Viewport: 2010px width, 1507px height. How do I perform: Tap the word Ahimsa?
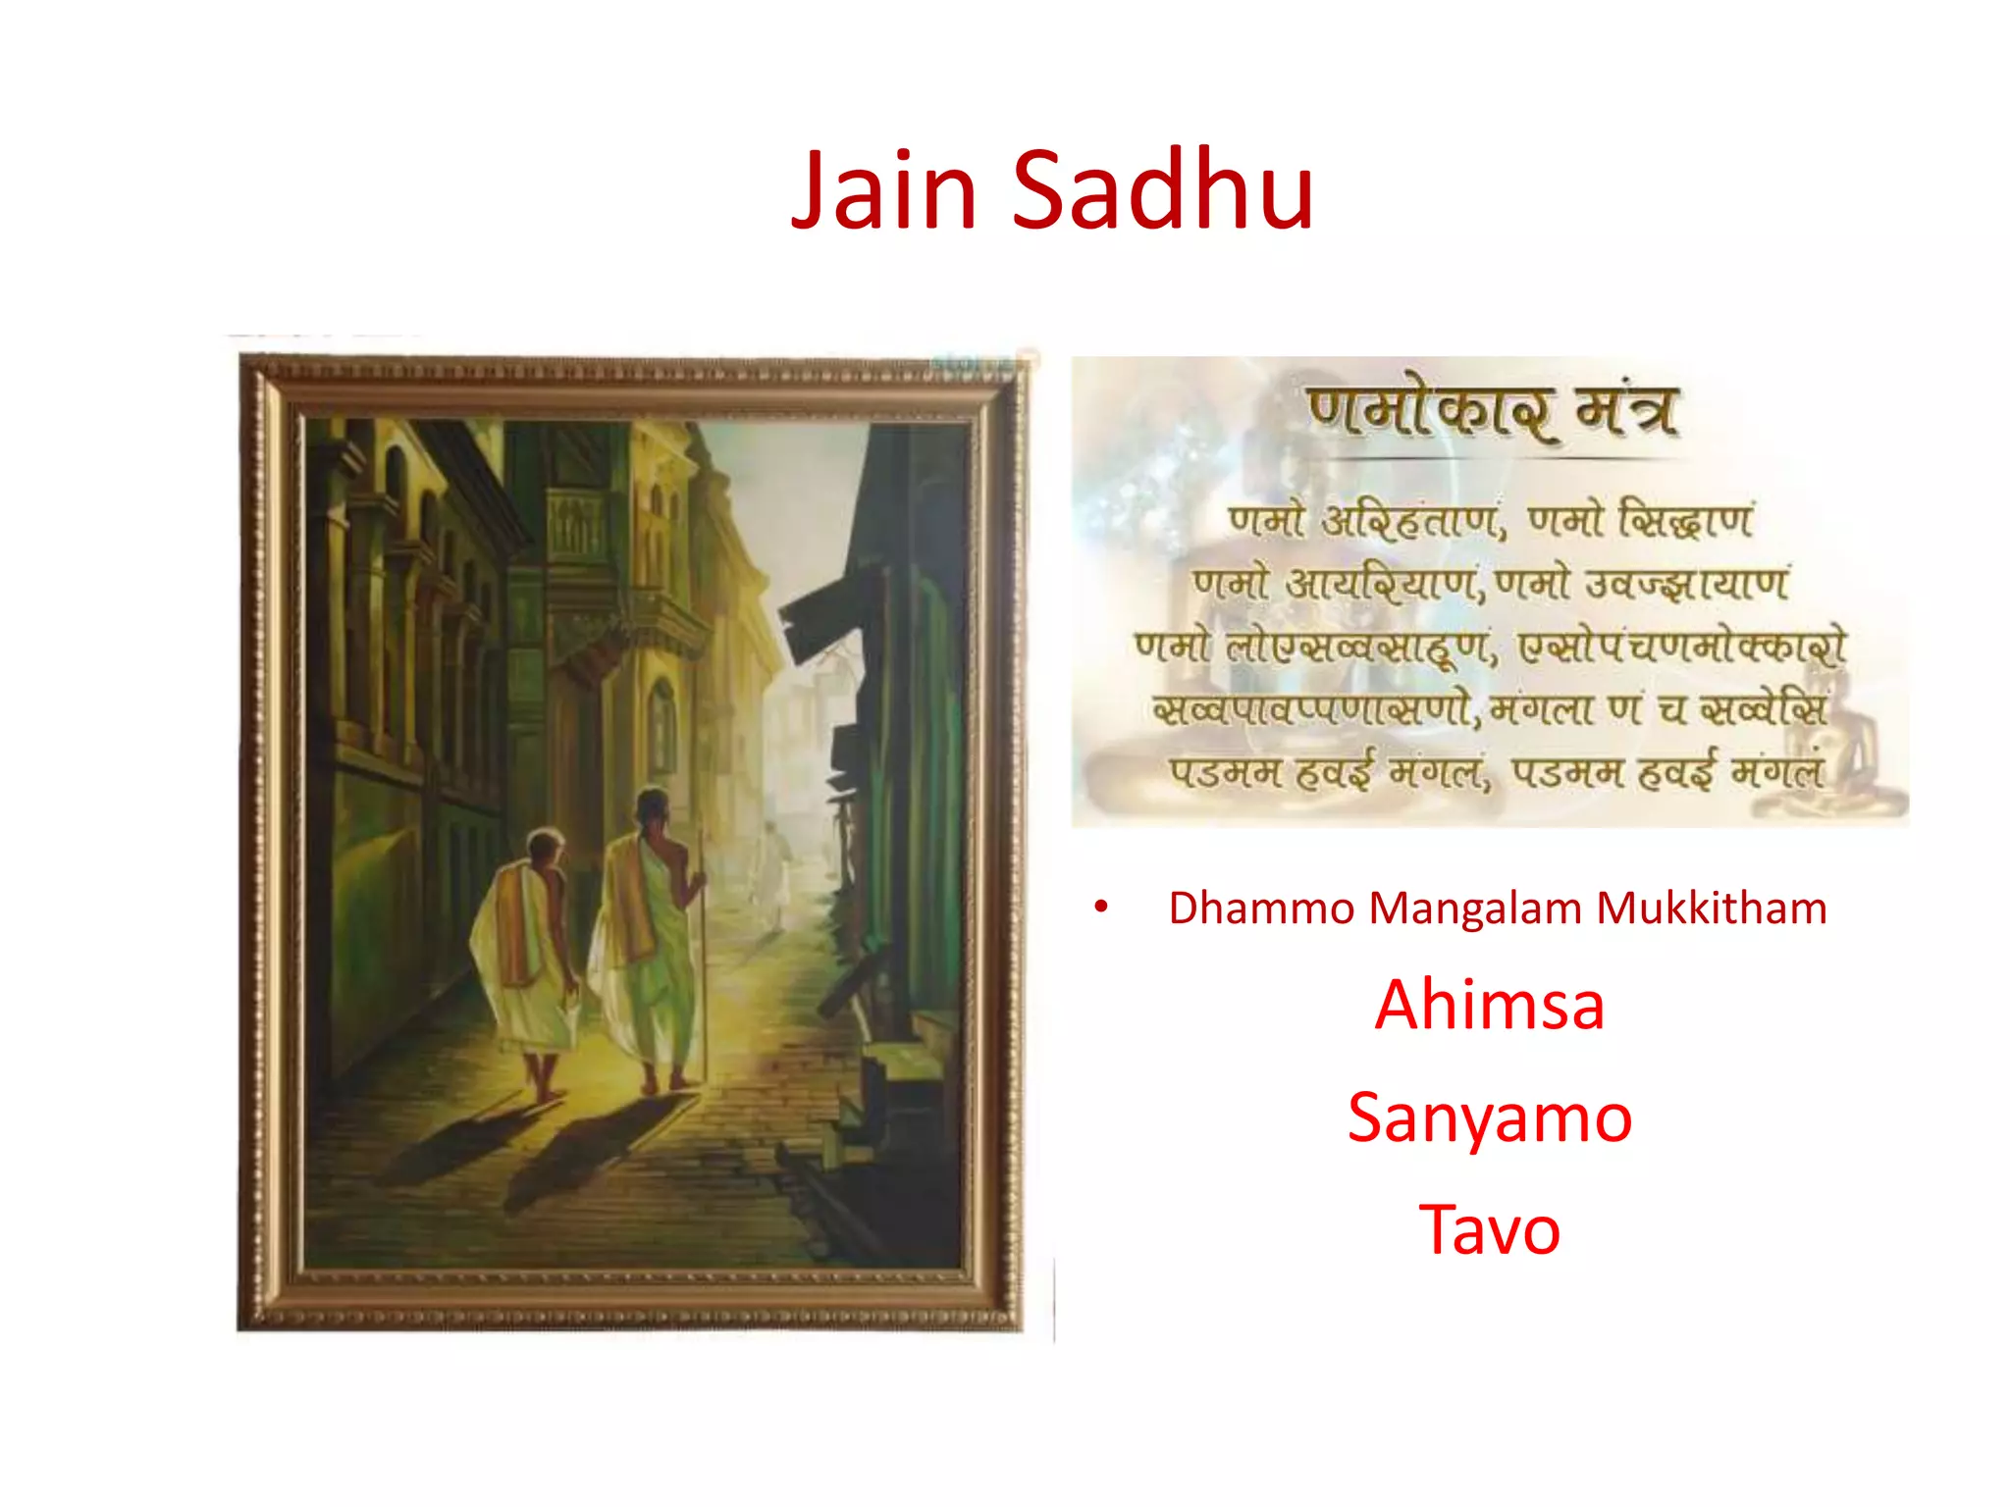[x=1489, y=1006]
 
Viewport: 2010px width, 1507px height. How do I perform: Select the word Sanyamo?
[x=1489, y=1118]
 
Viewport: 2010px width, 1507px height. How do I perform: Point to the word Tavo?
[x=1489, y=1230]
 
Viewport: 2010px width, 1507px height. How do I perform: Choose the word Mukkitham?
[x=1712, y=909]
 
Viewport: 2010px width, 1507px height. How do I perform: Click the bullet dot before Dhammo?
[x=1101, y=909]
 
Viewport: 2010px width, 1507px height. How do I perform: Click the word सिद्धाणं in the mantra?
[x=1685, y=520]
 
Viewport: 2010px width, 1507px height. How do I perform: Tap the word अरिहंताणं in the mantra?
[x=1413, y=520]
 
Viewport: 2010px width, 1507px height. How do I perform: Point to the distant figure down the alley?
[x=776, y=863]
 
